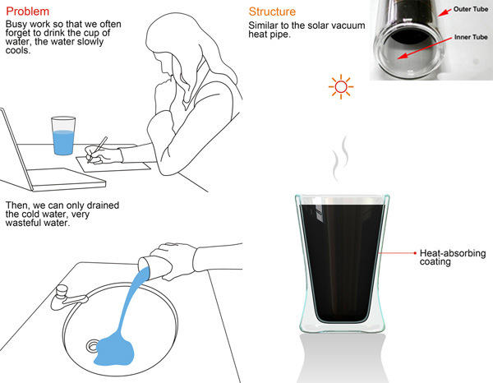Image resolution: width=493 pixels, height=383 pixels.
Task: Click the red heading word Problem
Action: (28, 12)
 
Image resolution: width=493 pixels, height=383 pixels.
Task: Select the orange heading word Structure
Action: (272, 12)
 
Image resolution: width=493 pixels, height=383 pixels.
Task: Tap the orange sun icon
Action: (341, 87)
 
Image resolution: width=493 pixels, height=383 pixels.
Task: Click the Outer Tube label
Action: (471, 9)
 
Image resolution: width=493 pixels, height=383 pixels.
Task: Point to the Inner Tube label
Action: (471, 37)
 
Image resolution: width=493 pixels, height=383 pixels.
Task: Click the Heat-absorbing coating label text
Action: (453, 257)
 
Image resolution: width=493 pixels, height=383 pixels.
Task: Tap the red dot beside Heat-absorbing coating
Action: (415, 253)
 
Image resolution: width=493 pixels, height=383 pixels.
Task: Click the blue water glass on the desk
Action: (63, 136)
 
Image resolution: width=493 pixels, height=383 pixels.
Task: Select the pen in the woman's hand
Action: (98, 150)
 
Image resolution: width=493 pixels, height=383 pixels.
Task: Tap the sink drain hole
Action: (93, 346)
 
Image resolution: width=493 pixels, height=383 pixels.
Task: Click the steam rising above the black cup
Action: (340, 159)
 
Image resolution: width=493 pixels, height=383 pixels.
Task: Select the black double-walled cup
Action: (342, 264)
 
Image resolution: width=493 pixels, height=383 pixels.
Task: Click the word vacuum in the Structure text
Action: (348, 25)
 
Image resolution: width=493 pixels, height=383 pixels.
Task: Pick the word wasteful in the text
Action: (22, 223)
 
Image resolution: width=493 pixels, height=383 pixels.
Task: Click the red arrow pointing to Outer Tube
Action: (445, 12)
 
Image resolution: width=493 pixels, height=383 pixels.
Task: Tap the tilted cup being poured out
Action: (155, 268)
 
